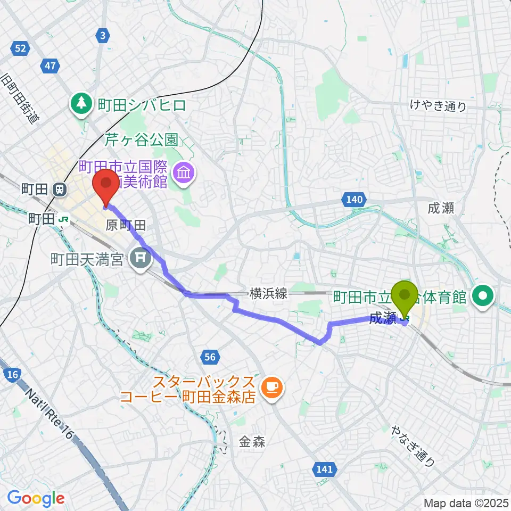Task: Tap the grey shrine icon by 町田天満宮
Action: (x=141, y=260)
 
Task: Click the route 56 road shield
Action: (x=210, y=357)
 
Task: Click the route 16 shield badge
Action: (x=13, y=375)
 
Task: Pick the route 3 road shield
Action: (x=103, y=36)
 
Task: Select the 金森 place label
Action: (x=252, y=442)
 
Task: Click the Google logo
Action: (x=36, y=499)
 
